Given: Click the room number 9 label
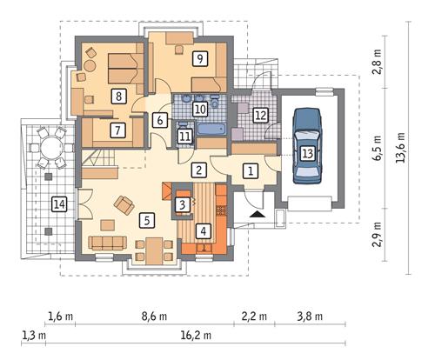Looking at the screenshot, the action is point(200,59).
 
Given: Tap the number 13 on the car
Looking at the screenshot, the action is point(307,153).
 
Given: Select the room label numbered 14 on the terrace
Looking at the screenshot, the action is point(59,204).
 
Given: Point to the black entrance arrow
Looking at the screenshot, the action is point(258,214).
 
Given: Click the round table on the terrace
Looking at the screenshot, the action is point(50,148).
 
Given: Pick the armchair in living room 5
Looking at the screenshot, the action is point(124,204).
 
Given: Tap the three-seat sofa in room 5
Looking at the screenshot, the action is point(108,243).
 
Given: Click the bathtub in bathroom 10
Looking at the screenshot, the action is point(211,129).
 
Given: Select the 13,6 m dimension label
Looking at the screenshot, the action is point(402,147).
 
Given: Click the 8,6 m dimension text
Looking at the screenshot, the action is point(154,317).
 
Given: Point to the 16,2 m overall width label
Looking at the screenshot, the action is point(196,336).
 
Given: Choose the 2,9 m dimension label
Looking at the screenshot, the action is point(378,235).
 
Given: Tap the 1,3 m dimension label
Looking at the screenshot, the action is point(34,336).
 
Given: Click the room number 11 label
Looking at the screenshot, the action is point(184,137).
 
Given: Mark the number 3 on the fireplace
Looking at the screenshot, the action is point(183,204).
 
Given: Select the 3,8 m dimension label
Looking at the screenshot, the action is point(310,317).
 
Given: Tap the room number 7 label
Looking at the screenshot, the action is point(117,130).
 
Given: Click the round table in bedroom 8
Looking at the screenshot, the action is point(90,66).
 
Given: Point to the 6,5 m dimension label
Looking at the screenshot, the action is point(378,148).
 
